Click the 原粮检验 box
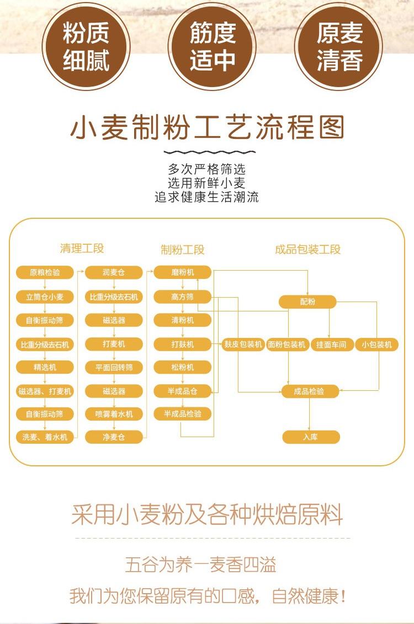click(x=45, y=273)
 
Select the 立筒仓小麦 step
click(x=45, y=297)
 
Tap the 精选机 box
click(x=45, y=367)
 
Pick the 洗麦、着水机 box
click(x=45, y=437)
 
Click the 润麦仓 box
click(x=114, y=273)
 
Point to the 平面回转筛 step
click(x=114, y=368)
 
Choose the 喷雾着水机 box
click(x=114, y=415)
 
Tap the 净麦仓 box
click(x=114, y=437)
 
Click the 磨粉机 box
click(x=183, y=273)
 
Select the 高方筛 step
click(x=183, y=297)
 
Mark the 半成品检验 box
click(x=183, y=415)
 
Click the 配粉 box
click(x=307, y=302)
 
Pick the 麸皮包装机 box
click(x=243, y=345)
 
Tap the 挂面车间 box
click(x=331, y=345)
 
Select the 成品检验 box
click(x=310, y=391)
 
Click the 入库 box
click(x=311, y=437)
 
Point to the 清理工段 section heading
click(x=82, y=249)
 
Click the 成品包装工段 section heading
click(x=307, y=250)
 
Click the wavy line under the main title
click(x=210, y=152)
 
